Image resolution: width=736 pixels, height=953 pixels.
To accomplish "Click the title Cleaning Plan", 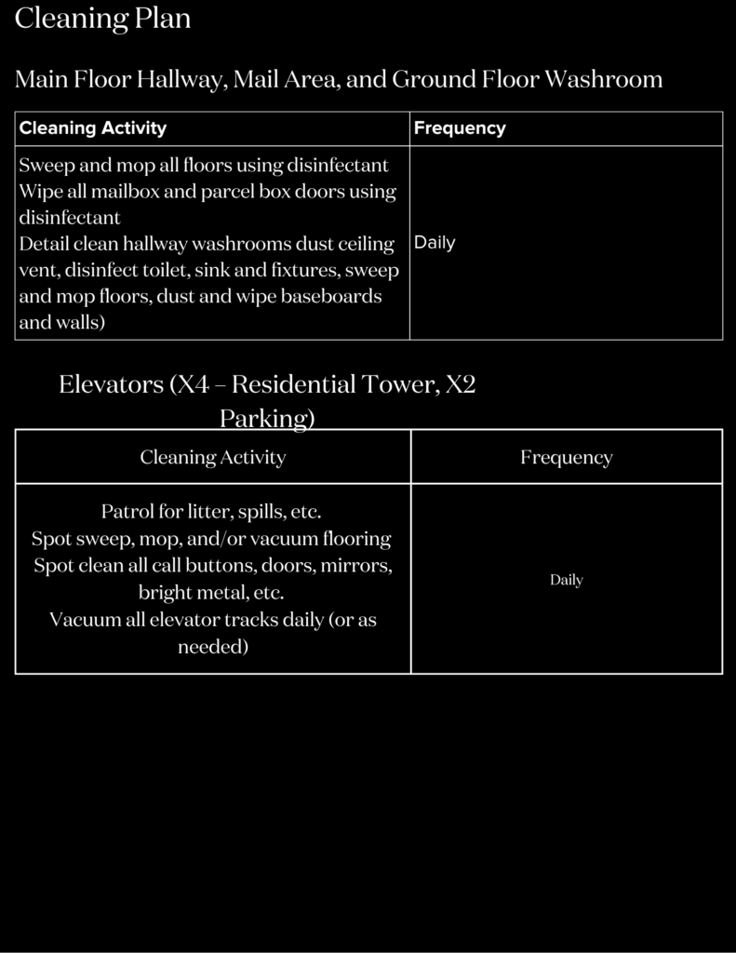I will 102,19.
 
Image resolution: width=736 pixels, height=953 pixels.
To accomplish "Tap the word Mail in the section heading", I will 254,79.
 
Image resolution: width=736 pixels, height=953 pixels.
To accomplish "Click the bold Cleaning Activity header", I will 93,128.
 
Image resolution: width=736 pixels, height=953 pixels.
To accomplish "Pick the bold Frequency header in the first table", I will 460,128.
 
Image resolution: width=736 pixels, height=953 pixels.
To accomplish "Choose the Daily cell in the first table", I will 435,243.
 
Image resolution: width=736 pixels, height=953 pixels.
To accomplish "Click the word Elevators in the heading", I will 111,384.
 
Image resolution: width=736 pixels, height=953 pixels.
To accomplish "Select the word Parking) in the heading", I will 267,419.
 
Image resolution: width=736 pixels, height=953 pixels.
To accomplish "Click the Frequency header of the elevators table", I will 566,457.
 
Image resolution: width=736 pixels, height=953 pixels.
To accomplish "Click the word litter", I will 208,512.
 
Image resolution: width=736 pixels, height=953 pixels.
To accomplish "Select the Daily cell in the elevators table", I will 566,580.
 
